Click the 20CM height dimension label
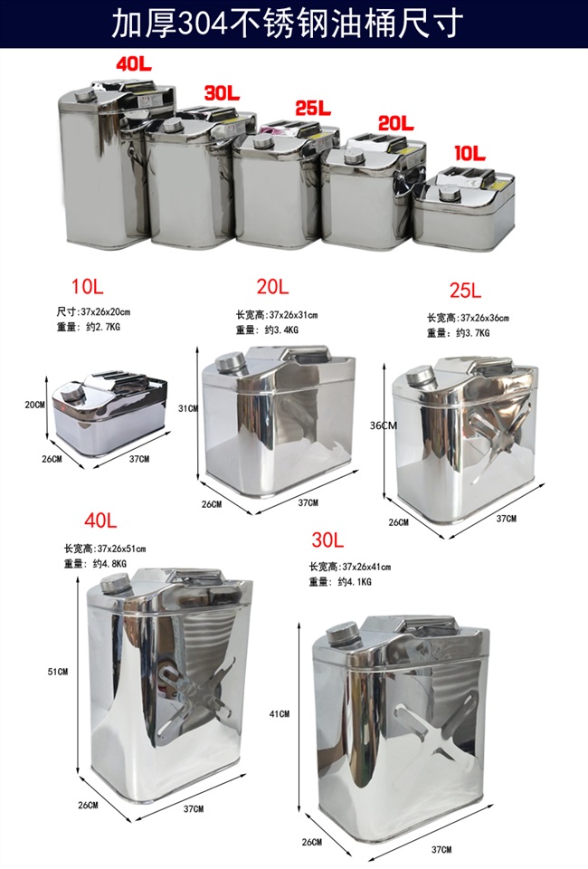(35, 405)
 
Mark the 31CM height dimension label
(187, 409)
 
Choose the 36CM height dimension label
(384, 425)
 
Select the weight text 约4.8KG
(108, 563)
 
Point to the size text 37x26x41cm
(362, 567)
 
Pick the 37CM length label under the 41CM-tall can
(441, 849)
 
